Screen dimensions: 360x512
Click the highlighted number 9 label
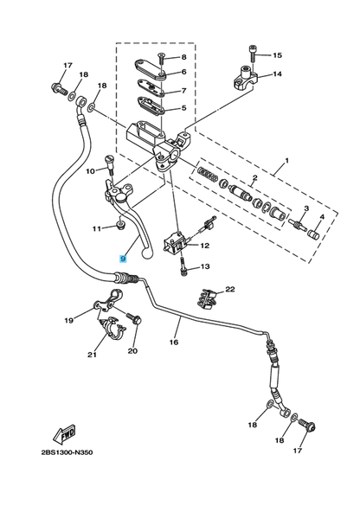[x=123, y=259]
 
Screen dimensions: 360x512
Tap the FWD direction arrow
[x=64, y=433]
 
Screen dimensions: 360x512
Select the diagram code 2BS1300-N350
[x=67, y=452]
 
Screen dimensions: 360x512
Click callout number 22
[x=230, y=290]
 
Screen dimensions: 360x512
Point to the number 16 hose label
[x=174, y=342]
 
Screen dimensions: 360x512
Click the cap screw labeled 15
[x=253, y=54]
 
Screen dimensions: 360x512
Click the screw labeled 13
[x=183, y=267]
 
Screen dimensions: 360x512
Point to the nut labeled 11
[x=121, y=225]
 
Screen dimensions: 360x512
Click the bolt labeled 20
[x=134, y=317]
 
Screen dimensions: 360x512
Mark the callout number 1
[x=286, y=161]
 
